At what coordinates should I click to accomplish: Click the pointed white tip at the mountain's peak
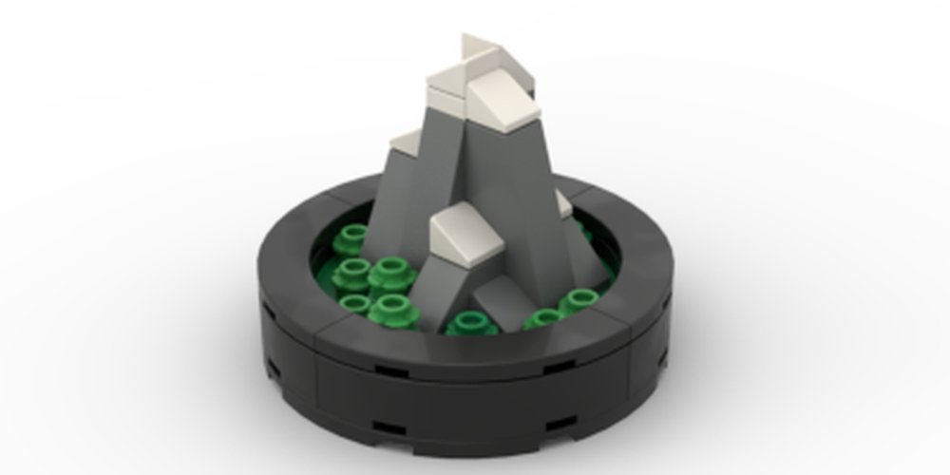click(479, 49)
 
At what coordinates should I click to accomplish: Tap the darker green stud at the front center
click(470, 324)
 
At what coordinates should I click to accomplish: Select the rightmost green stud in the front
click(578, 302)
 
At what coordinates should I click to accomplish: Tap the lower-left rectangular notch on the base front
click(389, 428)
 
